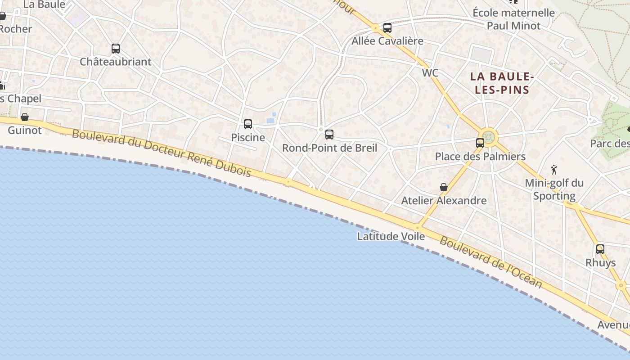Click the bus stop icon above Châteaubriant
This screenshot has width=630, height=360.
coord(116,48)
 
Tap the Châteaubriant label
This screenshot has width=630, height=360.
coord(116,62)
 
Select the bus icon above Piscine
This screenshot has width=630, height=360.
coord(247,124)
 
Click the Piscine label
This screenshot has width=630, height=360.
coord(248,137)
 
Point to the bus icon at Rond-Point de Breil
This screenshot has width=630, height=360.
coord(329,134)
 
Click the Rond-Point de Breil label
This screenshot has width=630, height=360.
coord(329,148)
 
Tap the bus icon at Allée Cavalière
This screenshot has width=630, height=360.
coord(387,27)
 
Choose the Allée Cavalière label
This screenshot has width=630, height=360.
coord(387,41)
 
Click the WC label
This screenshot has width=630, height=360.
coord(430,73)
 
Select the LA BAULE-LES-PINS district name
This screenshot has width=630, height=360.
coord(502,83)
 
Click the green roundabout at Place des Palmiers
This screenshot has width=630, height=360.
coord(489,137)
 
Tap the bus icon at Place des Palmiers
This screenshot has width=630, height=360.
coord(480,143)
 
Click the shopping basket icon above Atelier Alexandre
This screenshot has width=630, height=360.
coord(444,187)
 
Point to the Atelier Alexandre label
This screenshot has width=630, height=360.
coord(444,201)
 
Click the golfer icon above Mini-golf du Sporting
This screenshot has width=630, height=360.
coord(554,170)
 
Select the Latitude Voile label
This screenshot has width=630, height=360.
coord(391,236)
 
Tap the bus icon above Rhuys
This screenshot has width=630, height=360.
coord(600,249)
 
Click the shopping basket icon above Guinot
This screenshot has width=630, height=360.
coord(25,117)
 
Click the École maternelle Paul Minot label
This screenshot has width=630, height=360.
coord(513,19)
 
